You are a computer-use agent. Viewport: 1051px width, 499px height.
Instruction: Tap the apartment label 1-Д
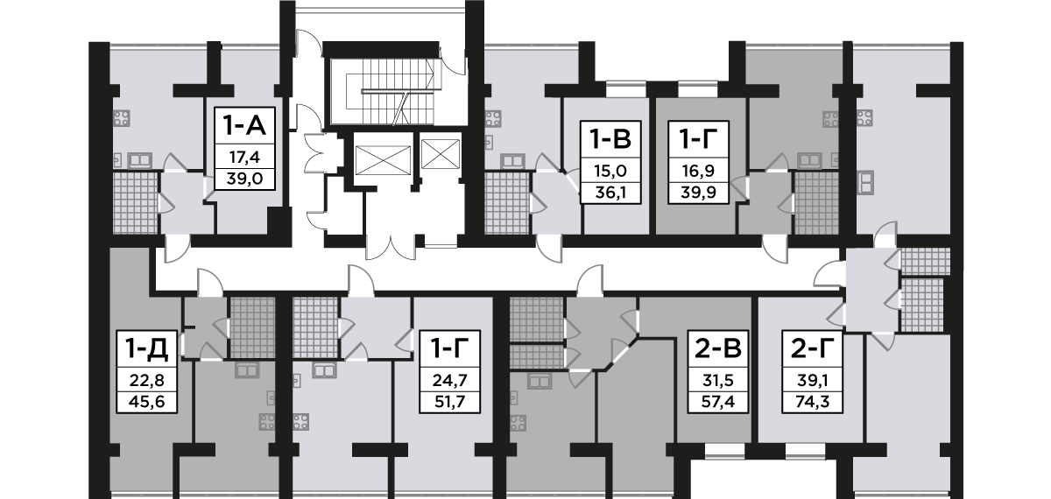(142, 349)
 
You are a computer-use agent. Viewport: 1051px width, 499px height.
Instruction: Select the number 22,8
(142, 382)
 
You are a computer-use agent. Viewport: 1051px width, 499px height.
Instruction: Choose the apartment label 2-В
(717, 349)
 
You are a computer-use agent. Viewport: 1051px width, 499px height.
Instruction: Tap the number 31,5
(717, 382)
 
